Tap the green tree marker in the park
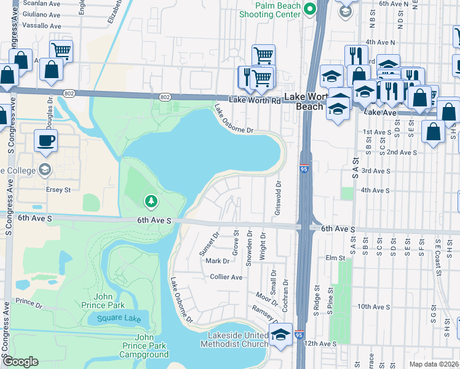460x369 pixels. point(151,200)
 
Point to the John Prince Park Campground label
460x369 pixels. point(143,346)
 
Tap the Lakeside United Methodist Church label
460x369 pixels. point(235,339)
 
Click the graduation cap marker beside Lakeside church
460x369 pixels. point(281,335)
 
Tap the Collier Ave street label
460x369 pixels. point(226,277)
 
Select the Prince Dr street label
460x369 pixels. point(29,302)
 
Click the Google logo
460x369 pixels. point(20,362)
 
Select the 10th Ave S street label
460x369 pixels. point(373,306)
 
